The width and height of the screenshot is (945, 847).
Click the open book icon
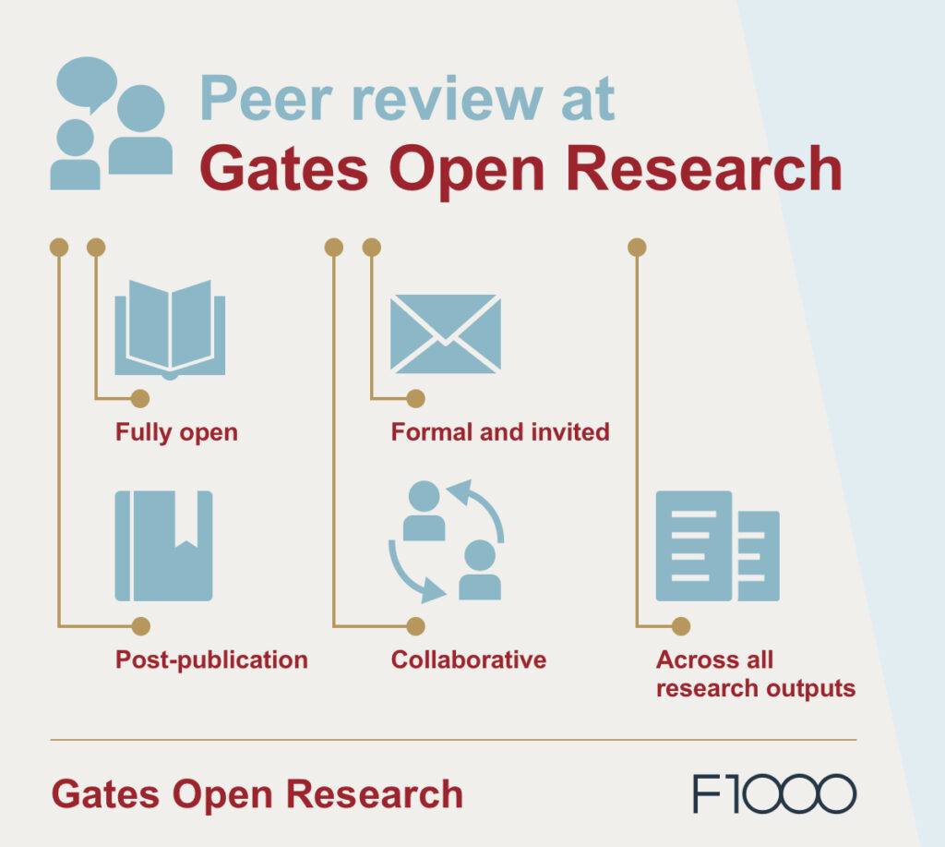point(170,330)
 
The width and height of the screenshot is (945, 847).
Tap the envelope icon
point(445,333)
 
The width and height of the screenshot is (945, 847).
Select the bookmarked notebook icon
point(164,546)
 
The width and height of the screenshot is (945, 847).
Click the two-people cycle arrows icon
point(446,541)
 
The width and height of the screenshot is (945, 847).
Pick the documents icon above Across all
point(717,546)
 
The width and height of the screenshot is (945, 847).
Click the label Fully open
point(176,432)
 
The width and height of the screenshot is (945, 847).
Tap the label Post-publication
point(211,659)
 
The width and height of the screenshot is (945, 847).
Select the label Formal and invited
point(500,431)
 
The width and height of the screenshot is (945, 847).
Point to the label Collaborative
point(468,659)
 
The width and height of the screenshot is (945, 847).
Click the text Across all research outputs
point(755,674)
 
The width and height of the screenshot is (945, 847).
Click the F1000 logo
point(774,794)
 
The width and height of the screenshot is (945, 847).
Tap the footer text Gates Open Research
point(257,794)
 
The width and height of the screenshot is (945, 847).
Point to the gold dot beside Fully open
point(139,399)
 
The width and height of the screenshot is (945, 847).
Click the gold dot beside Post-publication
point(140,626)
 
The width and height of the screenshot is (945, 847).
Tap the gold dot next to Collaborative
point(416,626)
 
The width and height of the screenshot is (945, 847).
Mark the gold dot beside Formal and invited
point(415,399)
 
